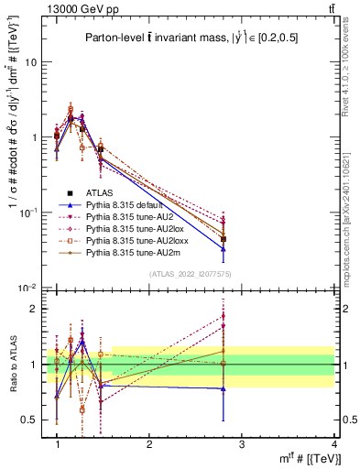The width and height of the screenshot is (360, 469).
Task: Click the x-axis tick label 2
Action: pyautogui.click(x=149, y=443)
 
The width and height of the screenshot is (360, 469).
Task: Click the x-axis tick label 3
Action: pyautogui.click(x=241, y=443)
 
